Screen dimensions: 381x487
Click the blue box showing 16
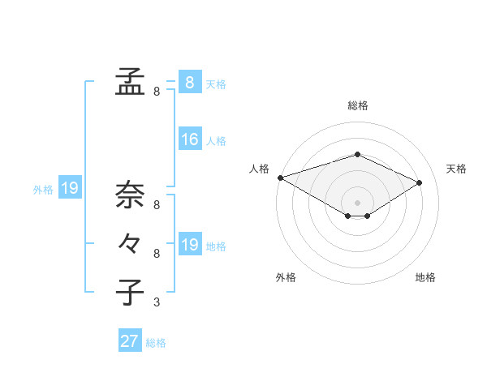pos(190,139)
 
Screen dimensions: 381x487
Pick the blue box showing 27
pos(130,341)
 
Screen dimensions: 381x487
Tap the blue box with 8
pos(190,82)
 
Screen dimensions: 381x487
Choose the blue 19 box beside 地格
pos(190,245)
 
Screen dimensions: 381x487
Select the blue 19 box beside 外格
pos(70,188)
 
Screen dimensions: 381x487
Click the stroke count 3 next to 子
pos(157,303)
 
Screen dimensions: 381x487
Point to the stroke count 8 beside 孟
pos(157,92)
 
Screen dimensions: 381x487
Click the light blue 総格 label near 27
pos(156,343)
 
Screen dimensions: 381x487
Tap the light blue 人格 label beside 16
pos(216,141)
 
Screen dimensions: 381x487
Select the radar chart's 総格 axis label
pos(357,105)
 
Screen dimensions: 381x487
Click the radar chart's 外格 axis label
pos(286,277)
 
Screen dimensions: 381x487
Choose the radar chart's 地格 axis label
pos(425,277)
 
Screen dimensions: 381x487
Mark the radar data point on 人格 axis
pos(280,177)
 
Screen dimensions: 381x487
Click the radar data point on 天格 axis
pos(420,182)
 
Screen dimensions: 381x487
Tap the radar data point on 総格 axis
pos(357,154)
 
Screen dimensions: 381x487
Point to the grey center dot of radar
pos(357,202)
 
